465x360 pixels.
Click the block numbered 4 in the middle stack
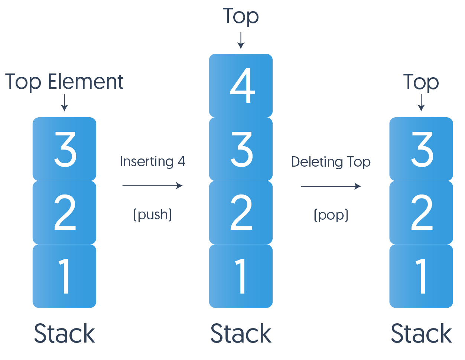(x=241, y=86)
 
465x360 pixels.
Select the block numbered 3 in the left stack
(x=64, y=149)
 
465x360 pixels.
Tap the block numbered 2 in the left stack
(x=64, y=212)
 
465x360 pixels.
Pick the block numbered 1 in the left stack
(x=64, y=276)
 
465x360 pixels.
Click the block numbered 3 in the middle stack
(x=241, y=149)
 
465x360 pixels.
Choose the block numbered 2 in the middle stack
(x=241, y=212)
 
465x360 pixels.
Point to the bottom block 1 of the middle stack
(x=241, y=276)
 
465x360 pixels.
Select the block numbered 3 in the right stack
(x=421, y=149)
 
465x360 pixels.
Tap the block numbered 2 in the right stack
(x=421, y=212)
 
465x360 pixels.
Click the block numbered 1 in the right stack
(x=421, y=276)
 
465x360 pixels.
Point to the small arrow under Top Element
(x=64, y=103)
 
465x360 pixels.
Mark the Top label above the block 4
(x=241, y=17)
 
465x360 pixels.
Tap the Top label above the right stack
(x=421, y=82)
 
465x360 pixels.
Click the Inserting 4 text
(x=152, y=161)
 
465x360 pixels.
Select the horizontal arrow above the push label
(x=152, y=186)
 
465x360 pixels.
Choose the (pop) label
(x=331, y=215)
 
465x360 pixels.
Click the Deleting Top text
(x=331, y=162)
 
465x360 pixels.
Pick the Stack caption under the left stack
(x=64, y=333)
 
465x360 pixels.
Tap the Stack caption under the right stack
(x=421, y=333)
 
